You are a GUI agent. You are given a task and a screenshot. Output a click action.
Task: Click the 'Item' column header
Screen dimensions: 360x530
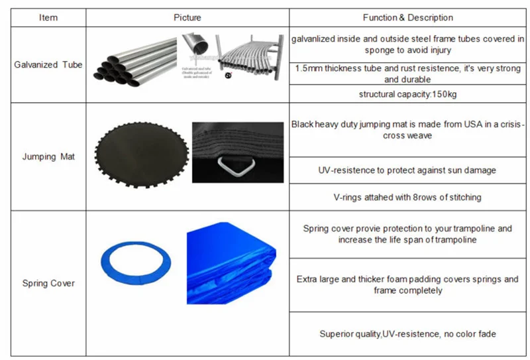click(x=48, y=18)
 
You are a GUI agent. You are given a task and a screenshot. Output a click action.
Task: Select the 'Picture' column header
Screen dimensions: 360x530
click(x=187, y=18)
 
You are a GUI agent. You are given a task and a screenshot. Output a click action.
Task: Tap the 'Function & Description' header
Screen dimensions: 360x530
click(x=407, y=18)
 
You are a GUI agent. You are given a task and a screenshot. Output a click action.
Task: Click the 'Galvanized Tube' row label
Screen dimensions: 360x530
click(x=48, y=65)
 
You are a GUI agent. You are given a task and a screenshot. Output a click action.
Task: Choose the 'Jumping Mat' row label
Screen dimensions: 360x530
click(x=48, y=156)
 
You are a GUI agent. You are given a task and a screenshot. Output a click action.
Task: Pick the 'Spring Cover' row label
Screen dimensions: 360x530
click(x=48, y=284)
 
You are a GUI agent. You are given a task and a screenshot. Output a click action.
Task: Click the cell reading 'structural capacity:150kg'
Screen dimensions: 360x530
click(x=407, y=94)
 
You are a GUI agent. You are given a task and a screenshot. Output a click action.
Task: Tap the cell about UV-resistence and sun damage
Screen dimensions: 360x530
click(x=407, y=170)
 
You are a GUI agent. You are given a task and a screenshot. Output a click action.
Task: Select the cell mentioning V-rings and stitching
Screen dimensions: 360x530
click(x=407, y=198)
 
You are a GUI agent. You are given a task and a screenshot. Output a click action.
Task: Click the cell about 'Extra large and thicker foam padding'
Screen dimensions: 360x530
click(x=407, y=285)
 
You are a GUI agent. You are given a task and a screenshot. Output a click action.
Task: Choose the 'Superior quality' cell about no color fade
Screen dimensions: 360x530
click(x=407, y=334)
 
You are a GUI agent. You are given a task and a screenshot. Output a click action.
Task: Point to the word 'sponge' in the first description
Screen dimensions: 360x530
click(x=379, y=50)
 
